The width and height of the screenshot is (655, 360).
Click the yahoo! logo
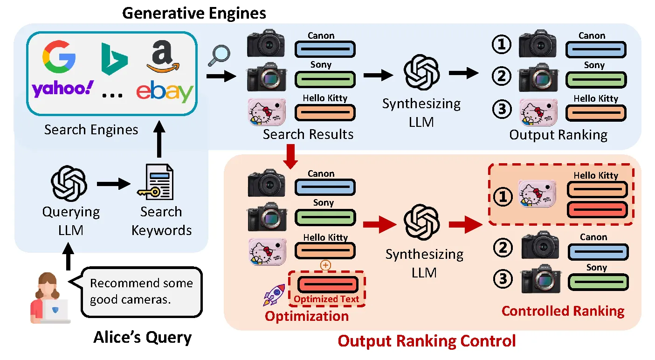pos(62,89)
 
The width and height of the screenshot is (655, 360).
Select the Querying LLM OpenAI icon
pos(69,183)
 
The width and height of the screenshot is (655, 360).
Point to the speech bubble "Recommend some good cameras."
pos(142,291)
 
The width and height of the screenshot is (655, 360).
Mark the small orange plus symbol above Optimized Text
pos(325,265)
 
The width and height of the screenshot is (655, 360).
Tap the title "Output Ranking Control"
pos(427,341)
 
